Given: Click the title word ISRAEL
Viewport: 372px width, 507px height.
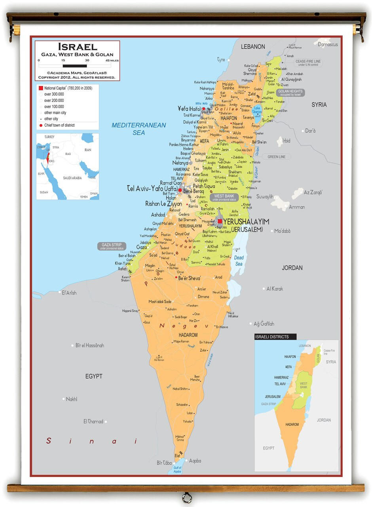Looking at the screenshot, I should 78,47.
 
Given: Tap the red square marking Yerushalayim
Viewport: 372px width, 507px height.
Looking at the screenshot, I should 220,221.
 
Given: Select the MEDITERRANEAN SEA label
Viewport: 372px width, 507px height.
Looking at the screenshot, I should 139,129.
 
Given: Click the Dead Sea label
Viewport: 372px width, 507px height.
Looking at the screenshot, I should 239,261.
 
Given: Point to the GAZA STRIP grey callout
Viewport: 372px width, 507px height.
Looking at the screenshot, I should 112,246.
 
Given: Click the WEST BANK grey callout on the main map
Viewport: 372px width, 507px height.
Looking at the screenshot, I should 224,197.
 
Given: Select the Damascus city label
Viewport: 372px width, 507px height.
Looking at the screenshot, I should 328,44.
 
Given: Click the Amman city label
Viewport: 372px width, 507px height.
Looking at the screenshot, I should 296,207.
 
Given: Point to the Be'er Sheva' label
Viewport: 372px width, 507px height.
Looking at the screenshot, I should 189,278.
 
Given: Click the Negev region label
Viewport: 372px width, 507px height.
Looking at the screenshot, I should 184,326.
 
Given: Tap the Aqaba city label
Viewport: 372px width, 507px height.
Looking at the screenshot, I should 195,461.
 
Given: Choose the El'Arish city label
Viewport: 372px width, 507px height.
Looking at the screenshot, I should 68,293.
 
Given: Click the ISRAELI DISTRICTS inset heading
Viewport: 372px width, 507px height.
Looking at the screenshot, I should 272,337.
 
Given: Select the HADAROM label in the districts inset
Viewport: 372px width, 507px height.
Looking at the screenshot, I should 292,424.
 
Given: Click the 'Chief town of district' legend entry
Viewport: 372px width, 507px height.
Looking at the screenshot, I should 59,125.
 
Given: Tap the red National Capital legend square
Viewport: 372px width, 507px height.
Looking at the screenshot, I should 40,88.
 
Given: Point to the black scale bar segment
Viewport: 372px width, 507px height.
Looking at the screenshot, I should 75,66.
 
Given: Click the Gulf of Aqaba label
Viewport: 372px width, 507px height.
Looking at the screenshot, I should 177,470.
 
